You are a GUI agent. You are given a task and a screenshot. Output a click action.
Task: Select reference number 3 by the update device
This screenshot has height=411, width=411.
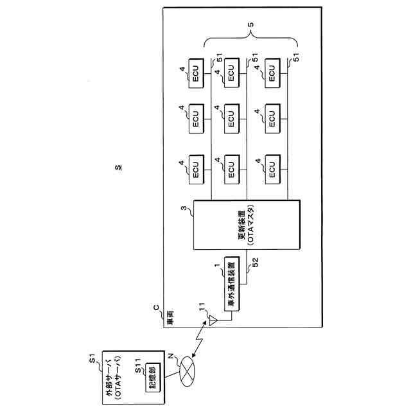(x=184, y=208)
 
